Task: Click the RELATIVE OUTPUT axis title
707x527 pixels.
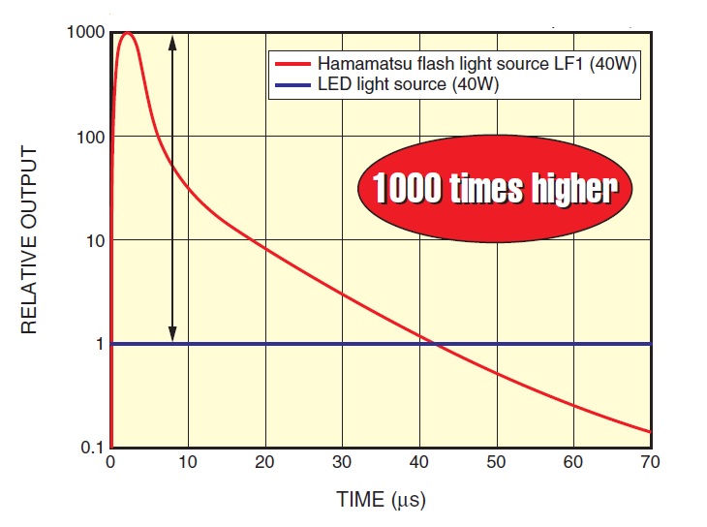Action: coord(29,240)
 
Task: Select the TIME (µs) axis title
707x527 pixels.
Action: coord(381,501)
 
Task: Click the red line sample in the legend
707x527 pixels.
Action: coord(293,64)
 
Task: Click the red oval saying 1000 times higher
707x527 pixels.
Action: coord(495,189)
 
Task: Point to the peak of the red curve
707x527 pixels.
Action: coord(127,34)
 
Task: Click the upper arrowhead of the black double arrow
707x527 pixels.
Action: coord(172,40)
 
